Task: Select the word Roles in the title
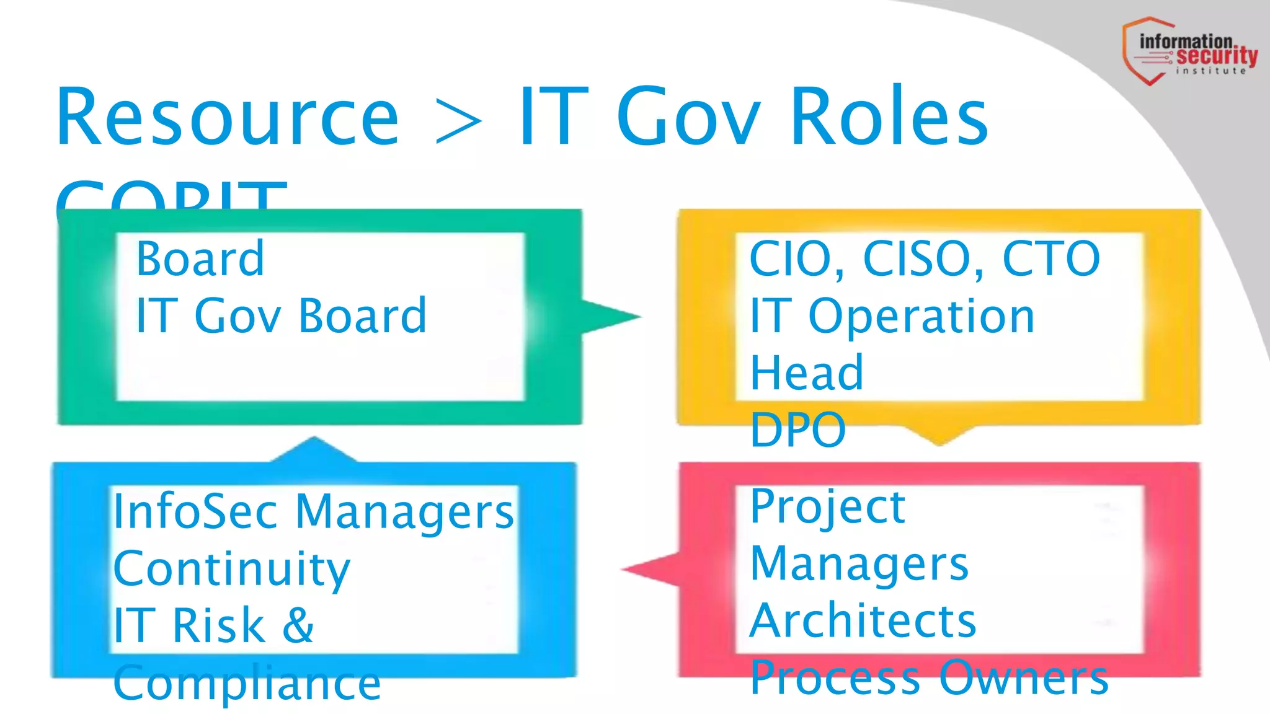889,118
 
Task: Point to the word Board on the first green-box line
200,258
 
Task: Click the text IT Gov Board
281,315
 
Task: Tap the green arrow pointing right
610,317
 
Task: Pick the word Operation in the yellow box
921,317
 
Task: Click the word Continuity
231,569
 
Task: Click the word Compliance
247,682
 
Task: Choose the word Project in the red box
827,508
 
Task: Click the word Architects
863,620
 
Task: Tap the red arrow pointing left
651,569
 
